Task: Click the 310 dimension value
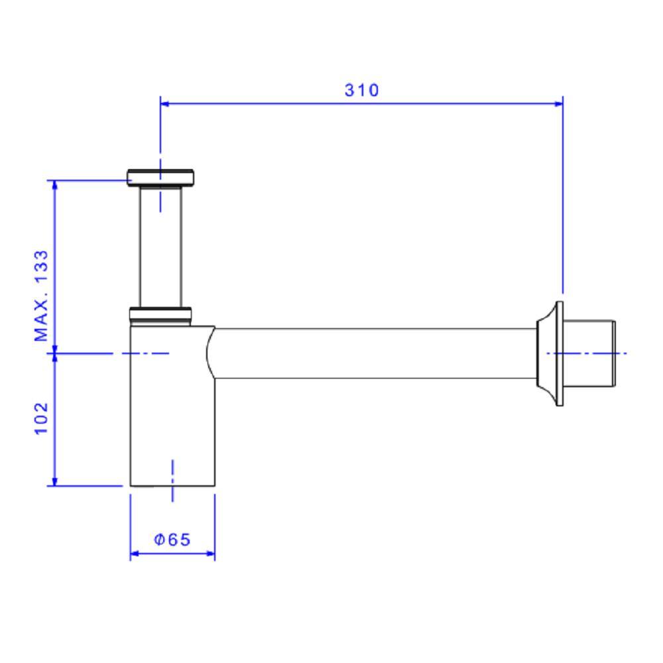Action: [362, 90]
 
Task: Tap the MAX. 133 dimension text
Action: [42, 296]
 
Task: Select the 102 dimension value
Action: [42, 418]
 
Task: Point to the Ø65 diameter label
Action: [172, 540]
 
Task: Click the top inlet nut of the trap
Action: [160, 176]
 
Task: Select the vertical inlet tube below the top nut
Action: [160, 245]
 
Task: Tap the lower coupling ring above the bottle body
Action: [160, 314]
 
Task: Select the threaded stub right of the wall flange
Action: [590, 353]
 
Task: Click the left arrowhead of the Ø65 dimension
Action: [135, 554]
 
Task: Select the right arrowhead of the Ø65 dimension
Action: [210, 554]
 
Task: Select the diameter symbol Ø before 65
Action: [160, 540]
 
